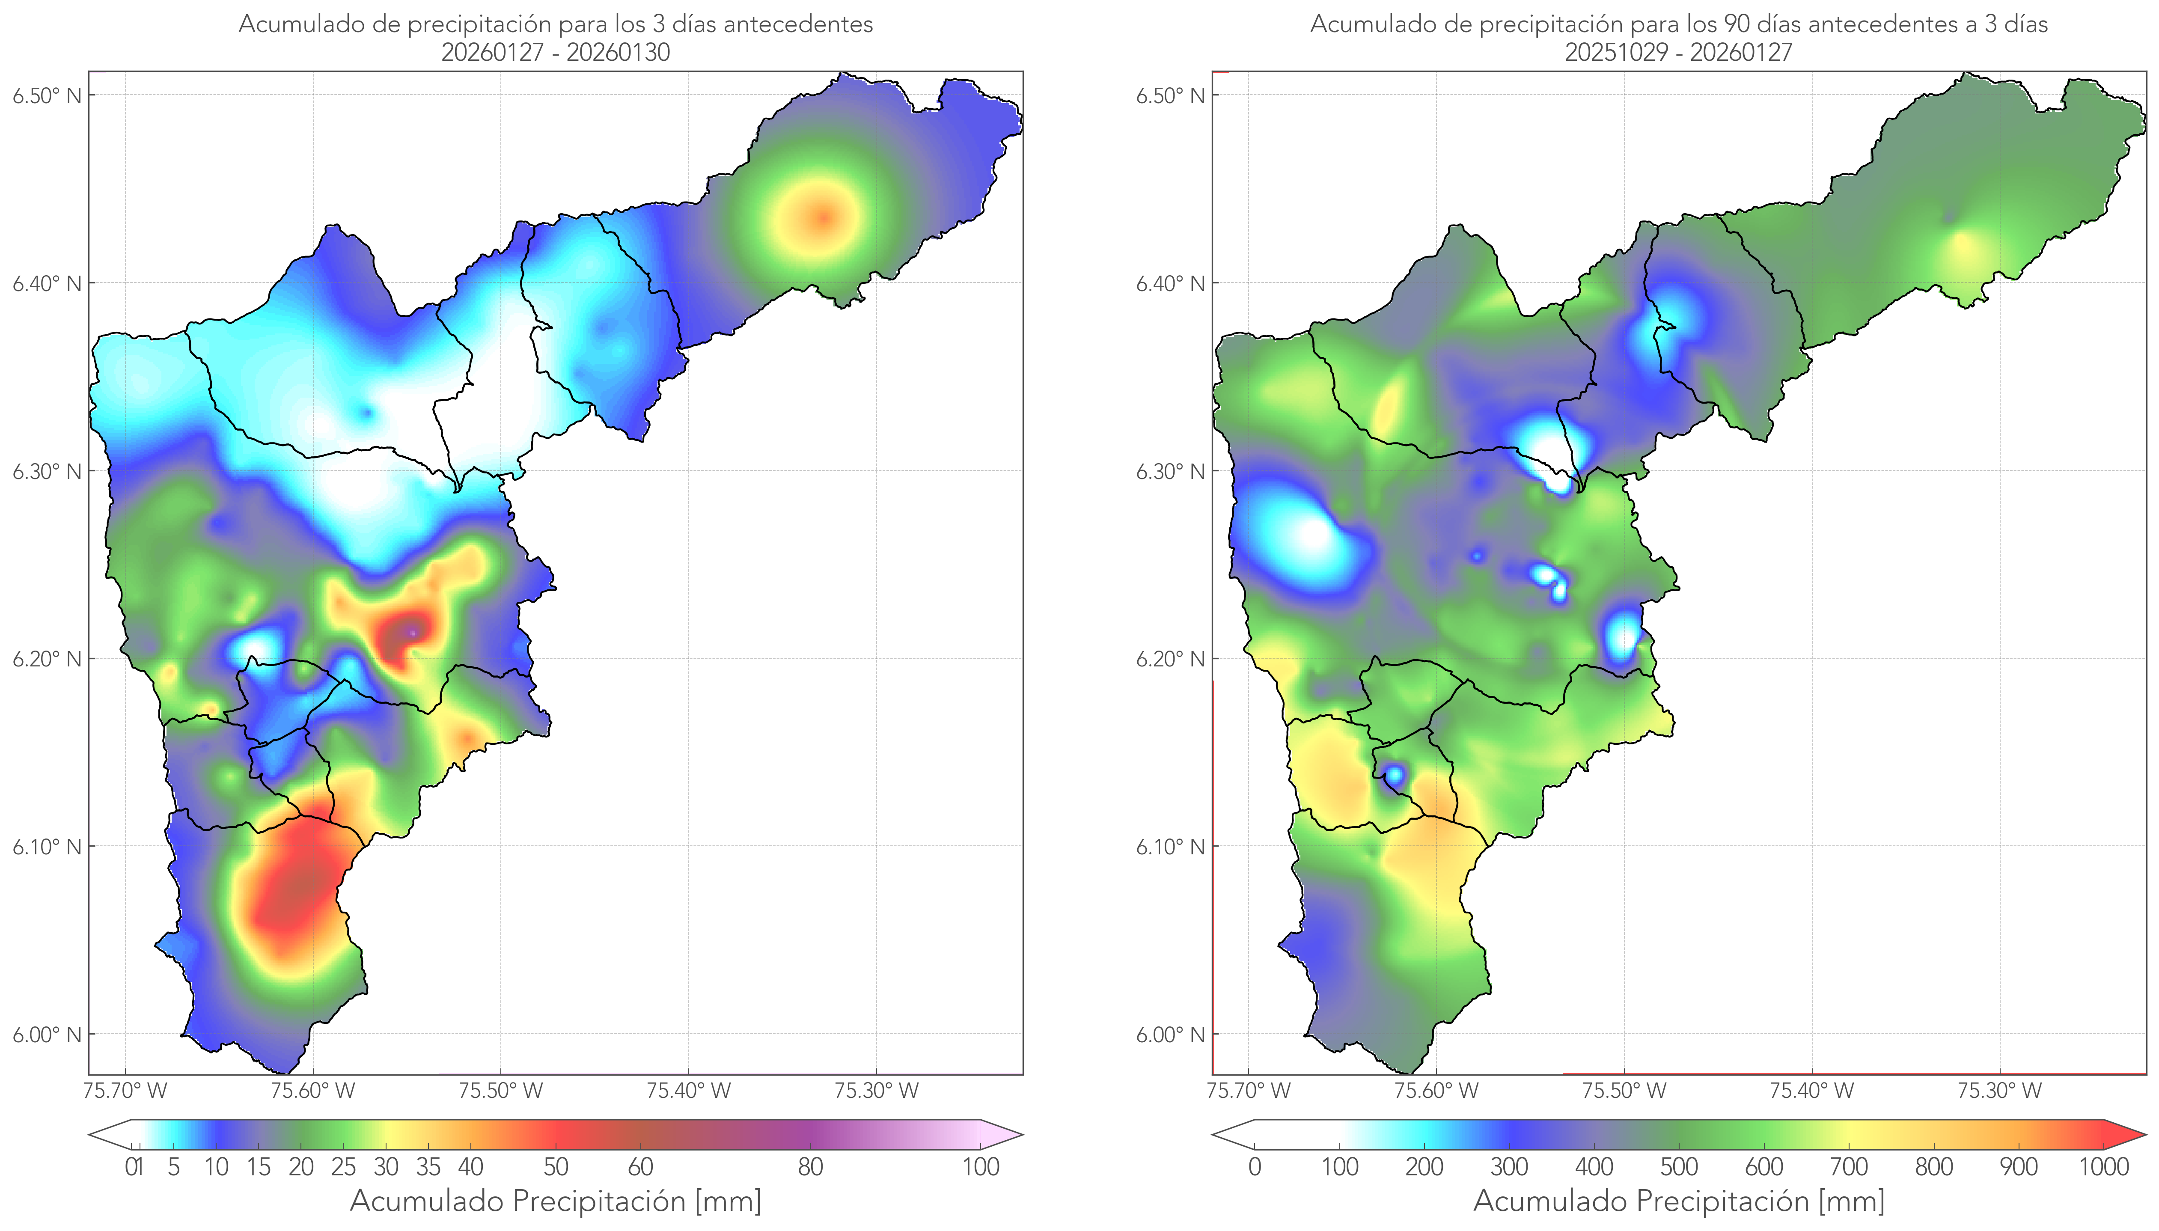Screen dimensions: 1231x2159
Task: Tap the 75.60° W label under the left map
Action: (x=313, y=1091)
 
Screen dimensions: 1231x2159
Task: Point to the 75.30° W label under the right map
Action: (x=1999, y=1091)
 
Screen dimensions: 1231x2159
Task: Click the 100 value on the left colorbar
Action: (x=981, y=1167)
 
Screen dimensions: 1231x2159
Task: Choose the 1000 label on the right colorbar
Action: (x=2103, y=1167)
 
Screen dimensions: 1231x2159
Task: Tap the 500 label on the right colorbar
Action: (x=1679, y=1167)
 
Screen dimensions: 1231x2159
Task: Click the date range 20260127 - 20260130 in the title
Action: (x=556, y=52)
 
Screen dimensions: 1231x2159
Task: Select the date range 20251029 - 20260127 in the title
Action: (x=1679, y=52)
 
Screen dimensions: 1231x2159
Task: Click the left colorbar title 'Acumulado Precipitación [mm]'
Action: (x=556, y=1201)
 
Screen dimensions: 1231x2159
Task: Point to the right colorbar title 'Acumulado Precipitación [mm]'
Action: (x=1679, y=1201)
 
